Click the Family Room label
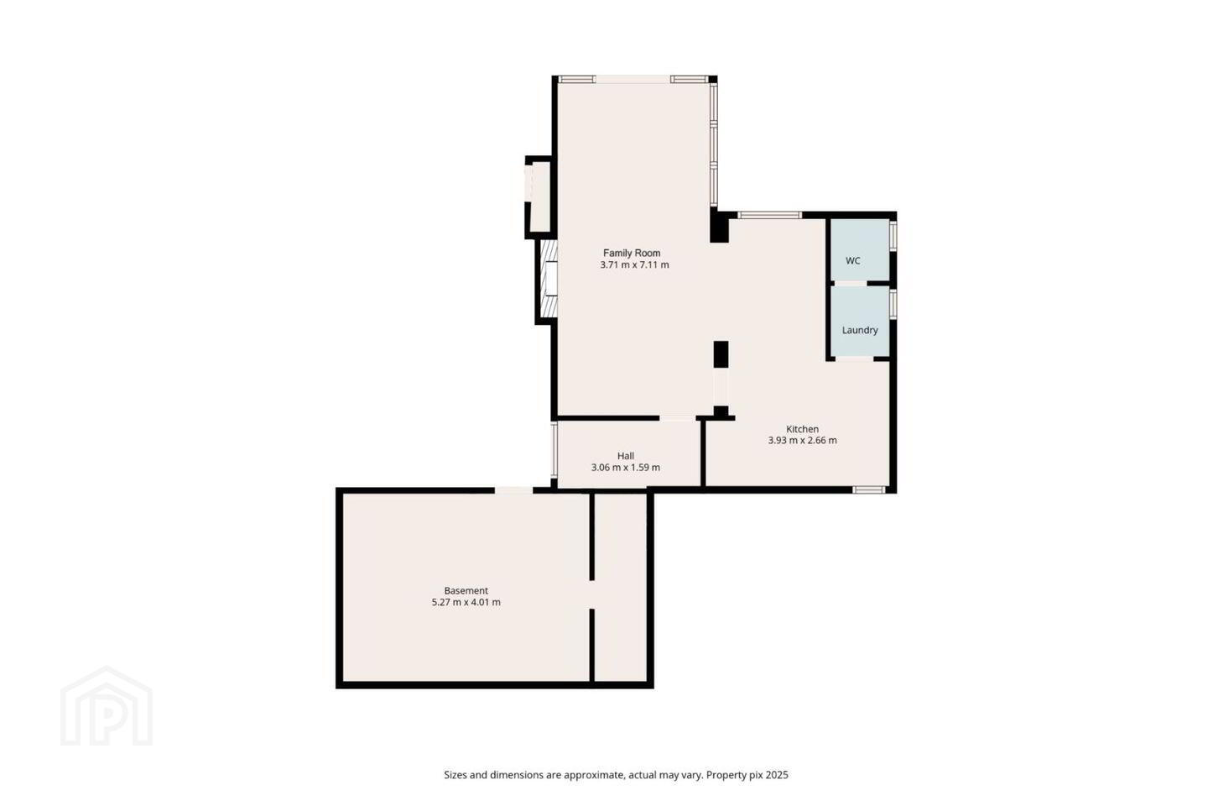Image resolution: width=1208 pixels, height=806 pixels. click(632, 253)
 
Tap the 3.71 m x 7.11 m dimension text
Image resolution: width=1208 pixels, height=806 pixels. click(634, 265)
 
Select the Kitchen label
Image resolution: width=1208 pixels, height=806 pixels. click(803, 429)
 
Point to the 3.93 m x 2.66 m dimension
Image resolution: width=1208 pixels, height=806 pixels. click(803, 441)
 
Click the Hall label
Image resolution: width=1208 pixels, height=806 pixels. click(626, 456)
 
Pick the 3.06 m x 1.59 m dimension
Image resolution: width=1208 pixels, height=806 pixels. click(626, 468)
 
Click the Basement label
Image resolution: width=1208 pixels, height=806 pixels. click(466, 590)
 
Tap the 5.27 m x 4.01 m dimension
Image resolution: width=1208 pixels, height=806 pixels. click(466, 602)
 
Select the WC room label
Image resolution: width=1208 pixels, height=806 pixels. click(852, 261)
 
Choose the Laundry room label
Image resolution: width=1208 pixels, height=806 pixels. click(860, 330)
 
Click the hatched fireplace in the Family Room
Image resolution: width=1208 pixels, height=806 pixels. click(549, 279)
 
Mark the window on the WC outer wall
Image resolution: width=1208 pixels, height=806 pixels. click(893, 235)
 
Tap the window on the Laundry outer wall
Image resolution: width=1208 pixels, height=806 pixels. click(893, 304)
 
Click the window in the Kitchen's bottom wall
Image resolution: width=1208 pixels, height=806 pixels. click(869, 489)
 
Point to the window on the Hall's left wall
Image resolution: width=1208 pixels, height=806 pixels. click(554, 449)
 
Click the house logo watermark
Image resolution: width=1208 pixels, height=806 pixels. click(107, 706)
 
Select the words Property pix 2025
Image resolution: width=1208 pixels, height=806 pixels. click(747, 775)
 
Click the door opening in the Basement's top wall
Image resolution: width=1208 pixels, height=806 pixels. click(513, 490)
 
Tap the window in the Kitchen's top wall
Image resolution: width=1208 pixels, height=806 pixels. click(769, 215)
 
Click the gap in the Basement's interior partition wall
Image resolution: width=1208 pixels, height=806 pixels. click(591, 594)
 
